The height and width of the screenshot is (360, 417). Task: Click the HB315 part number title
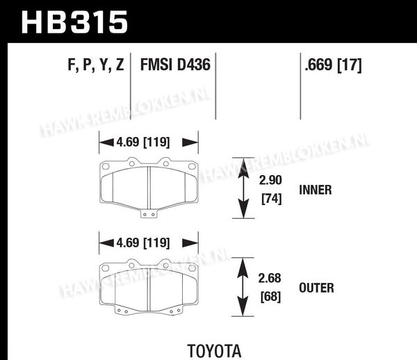pyautogui.click(x=75, y=22)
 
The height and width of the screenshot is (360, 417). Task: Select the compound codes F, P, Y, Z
pyautogui.click(x=96, y=65)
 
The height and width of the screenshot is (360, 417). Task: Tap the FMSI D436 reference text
pyautogui.click(x=175, y=65)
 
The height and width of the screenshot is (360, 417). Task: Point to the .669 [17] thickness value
pyautogui.click(x=333, y=65)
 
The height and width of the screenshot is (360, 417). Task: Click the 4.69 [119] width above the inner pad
pyautogui.click(x=142, y=142)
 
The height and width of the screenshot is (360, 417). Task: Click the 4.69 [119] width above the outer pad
pyautogui.click(x=142, y=243)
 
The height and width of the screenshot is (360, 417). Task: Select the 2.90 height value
pyautogui.click(x=270, y=180)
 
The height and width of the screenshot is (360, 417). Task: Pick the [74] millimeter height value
pyautogui.click(x=272, y=199)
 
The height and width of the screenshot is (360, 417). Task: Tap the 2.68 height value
pyautogui.click(x=270, y=278)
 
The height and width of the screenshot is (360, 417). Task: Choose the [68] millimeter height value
pyautogui.click(x=271, y=297)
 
